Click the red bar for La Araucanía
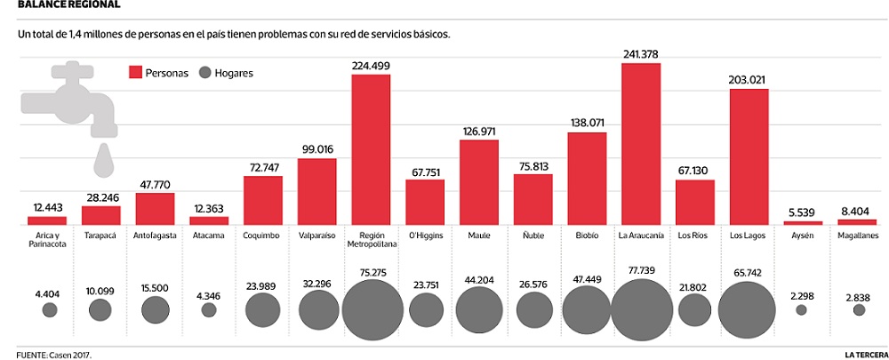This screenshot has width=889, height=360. tap(641, 144)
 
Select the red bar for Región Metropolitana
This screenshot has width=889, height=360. tap(371, 149)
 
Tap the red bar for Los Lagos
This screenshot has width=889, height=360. tap(749, 156)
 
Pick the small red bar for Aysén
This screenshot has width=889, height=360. tap(803, 221)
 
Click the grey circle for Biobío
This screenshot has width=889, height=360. tap(587, 309)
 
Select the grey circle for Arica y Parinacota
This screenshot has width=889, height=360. tap(50, 310)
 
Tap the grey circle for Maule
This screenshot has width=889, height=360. tap(478, 309)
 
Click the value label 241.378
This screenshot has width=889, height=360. tap(640, 55)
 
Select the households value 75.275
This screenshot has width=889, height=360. tap(371, 272)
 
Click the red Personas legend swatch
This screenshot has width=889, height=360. tap(136, 73)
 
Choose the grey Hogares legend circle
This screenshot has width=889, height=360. tap(209, 73)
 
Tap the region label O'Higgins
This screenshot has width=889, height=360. tap(424, 236)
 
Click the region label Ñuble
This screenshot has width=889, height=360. tap(533, 236)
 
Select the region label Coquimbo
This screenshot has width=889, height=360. tap(262, 236)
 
